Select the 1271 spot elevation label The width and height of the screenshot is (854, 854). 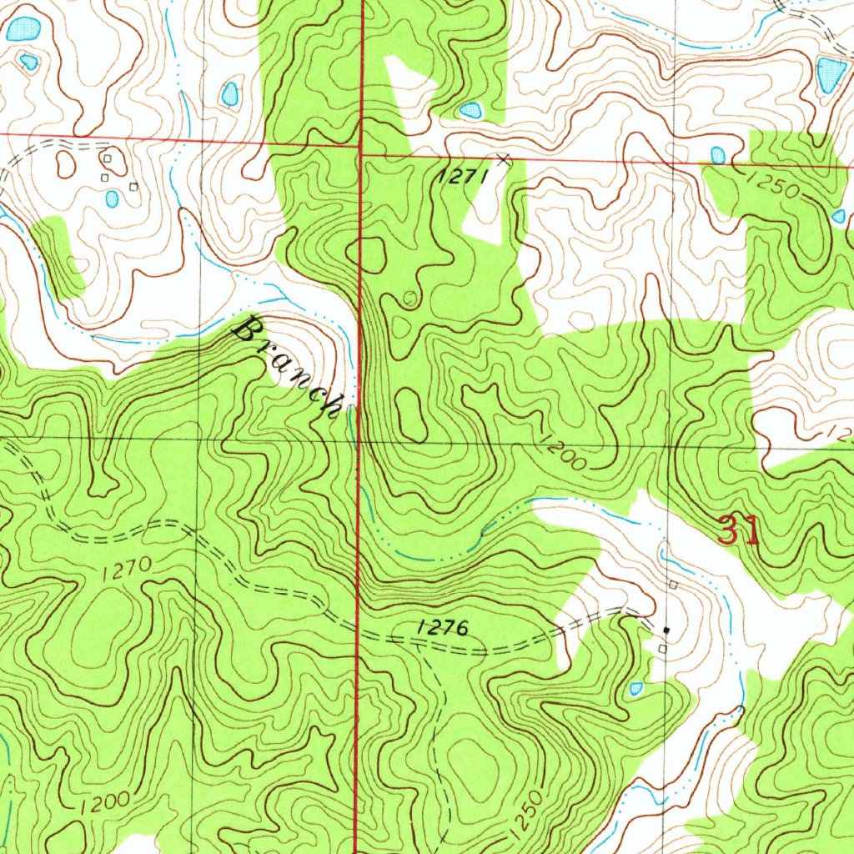pos(459,177)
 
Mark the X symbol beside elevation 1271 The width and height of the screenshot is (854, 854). pos(502,158)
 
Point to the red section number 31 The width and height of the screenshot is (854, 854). pos(739,531)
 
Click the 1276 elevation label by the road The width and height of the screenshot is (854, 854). pos(439,628)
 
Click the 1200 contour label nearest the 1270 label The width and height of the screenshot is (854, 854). pos(105,803)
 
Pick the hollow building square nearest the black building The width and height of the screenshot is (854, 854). pos(663,648)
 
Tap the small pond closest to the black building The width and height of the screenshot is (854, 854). pos(636,688)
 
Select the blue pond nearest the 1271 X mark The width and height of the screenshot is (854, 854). pos(470,110)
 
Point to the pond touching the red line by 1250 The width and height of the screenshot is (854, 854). pos(717,155)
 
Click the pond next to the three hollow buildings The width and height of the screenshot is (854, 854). pos(112,198)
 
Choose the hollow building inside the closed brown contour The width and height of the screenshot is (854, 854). pos(108,157)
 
